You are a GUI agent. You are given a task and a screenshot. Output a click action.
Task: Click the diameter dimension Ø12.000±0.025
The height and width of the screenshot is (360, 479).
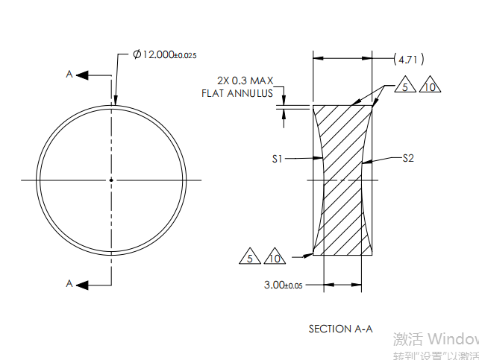click(165, 54)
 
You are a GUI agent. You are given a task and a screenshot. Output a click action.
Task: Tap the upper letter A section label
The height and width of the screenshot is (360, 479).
click(69, 75)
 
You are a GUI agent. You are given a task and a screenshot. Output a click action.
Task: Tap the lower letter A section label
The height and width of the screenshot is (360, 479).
click(69, 283)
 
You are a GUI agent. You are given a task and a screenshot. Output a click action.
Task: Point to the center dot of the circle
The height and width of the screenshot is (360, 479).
click(111, 180)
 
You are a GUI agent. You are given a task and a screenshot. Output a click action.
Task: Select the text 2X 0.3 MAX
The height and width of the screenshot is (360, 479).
click(245, 80)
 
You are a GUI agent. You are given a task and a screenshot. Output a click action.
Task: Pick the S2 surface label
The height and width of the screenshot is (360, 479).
click(408, 158)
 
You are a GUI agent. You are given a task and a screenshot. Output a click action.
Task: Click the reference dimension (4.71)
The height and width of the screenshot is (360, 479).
click(407, 58)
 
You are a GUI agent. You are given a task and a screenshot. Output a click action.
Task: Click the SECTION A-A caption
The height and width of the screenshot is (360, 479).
click(339, 329)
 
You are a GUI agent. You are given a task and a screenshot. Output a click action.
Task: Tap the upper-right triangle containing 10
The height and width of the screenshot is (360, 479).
click(429, 87)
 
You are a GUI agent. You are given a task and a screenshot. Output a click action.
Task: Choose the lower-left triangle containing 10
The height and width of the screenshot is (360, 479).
click(275, 258)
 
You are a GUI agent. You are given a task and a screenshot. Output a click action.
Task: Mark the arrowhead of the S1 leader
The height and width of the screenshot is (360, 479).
click(319, 158)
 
